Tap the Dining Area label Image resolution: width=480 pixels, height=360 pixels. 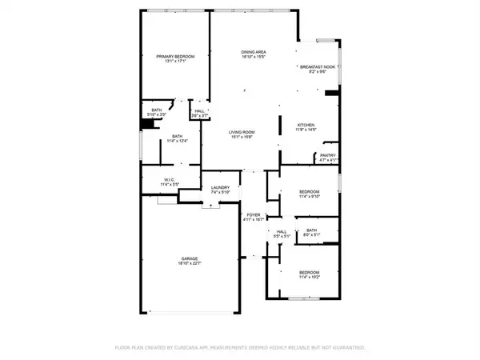(x=254, y=52)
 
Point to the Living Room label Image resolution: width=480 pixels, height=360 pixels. (x=241, y=132)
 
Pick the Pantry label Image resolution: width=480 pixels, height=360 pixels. (x=328, y=155)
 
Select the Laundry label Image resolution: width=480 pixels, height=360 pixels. (x=219, y=188)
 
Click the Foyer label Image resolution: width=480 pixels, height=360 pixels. (x=254, y=214)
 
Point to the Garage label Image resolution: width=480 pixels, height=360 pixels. (x=189, y=258)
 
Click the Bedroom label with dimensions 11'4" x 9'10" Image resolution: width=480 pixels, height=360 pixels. (x=310, y=191)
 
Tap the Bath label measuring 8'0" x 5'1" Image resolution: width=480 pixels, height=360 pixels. (x=310, y=230)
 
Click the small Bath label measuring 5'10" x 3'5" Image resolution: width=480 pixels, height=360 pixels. (x=157, y=111)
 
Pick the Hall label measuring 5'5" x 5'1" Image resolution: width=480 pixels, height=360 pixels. (x=280, y=232)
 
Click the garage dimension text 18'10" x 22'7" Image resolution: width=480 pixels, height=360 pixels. (x=189, y=262)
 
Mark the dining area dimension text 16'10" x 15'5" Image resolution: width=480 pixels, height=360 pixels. (x=254, y=57)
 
